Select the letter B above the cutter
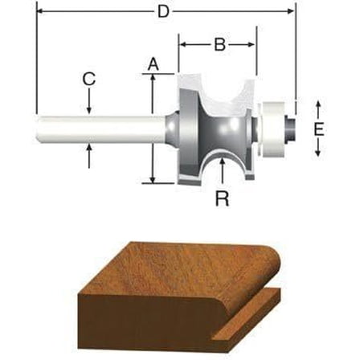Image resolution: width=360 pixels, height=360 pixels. coord(218,46)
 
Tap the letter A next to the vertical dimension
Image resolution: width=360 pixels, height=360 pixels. coord(153,62)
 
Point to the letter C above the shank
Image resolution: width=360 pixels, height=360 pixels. coord(89,79)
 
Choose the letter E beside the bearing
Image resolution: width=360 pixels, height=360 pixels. coord(320,129)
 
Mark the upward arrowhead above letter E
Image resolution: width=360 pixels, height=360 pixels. coord(320,105)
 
